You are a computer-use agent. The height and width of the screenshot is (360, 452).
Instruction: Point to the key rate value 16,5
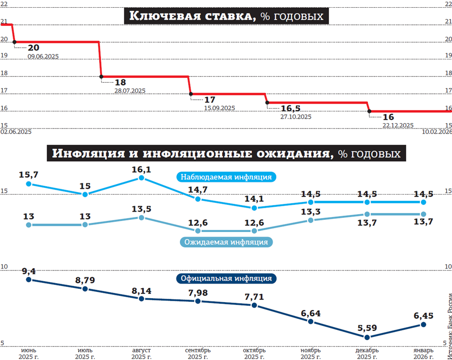click(x=291, y=108)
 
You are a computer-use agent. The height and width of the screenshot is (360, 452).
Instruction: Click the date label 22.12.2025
click(x=398, y=125)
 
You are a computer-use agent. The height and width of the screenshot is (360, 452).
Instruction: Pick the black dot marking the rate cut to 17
click(x=191, y=94)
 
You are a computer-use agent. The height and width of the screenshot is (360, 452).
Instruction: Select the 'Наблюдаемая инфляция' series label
click(x=226, y=177)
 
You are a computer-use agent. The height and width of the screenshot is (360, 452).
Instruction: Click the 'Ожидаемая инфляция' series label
click(x=226, y=241)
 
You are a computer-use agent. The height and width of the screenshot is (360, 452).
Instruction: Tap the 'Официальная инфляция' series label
click(x=226, y=279)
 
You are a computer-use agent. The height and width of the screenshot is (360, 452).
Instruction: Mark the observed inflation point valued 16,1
click(x=141, y=178)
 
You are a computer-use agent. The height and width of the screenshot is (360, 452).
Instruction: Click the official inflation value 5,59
click(x=367, y=327)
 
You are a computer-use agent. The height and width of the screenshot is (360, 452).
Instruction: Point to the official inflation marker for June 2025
click(x=29, y=280)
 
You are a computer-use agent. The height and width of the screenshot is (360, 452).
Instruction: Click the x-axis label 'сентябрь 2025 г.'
click(x=198, y=353)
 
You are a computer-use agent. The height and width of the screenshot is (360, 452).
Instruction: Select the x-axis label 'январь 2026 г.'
click(x=423, y=353)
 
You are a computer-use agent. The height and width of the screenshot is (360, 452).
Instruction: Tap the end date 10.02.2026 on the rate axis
click(x=437, y=132)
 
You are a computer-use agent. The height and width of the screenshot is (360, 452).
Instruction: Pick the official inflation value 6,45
click(x=423, y=315)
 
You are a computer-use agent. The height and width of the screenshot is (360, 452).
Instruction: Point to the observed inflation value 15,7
click(x=29, y=174)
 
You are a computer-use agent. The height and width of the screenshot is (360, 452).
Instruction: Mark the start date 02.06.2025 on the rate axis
click(x=16, y=132)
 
